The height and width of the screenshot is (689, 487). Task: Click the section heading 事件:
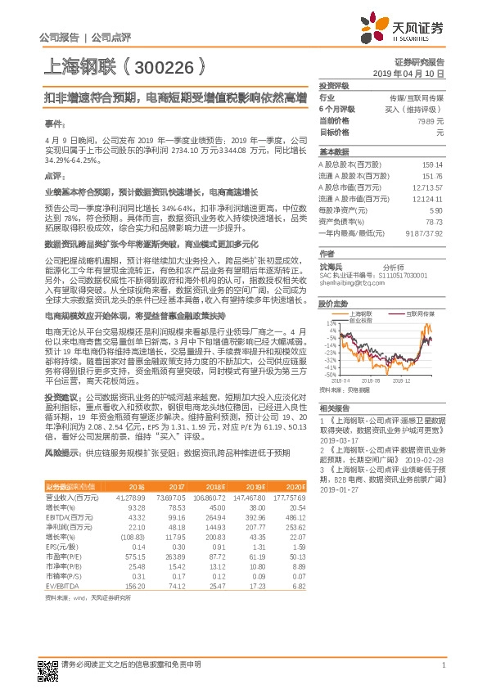(53, 123)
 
